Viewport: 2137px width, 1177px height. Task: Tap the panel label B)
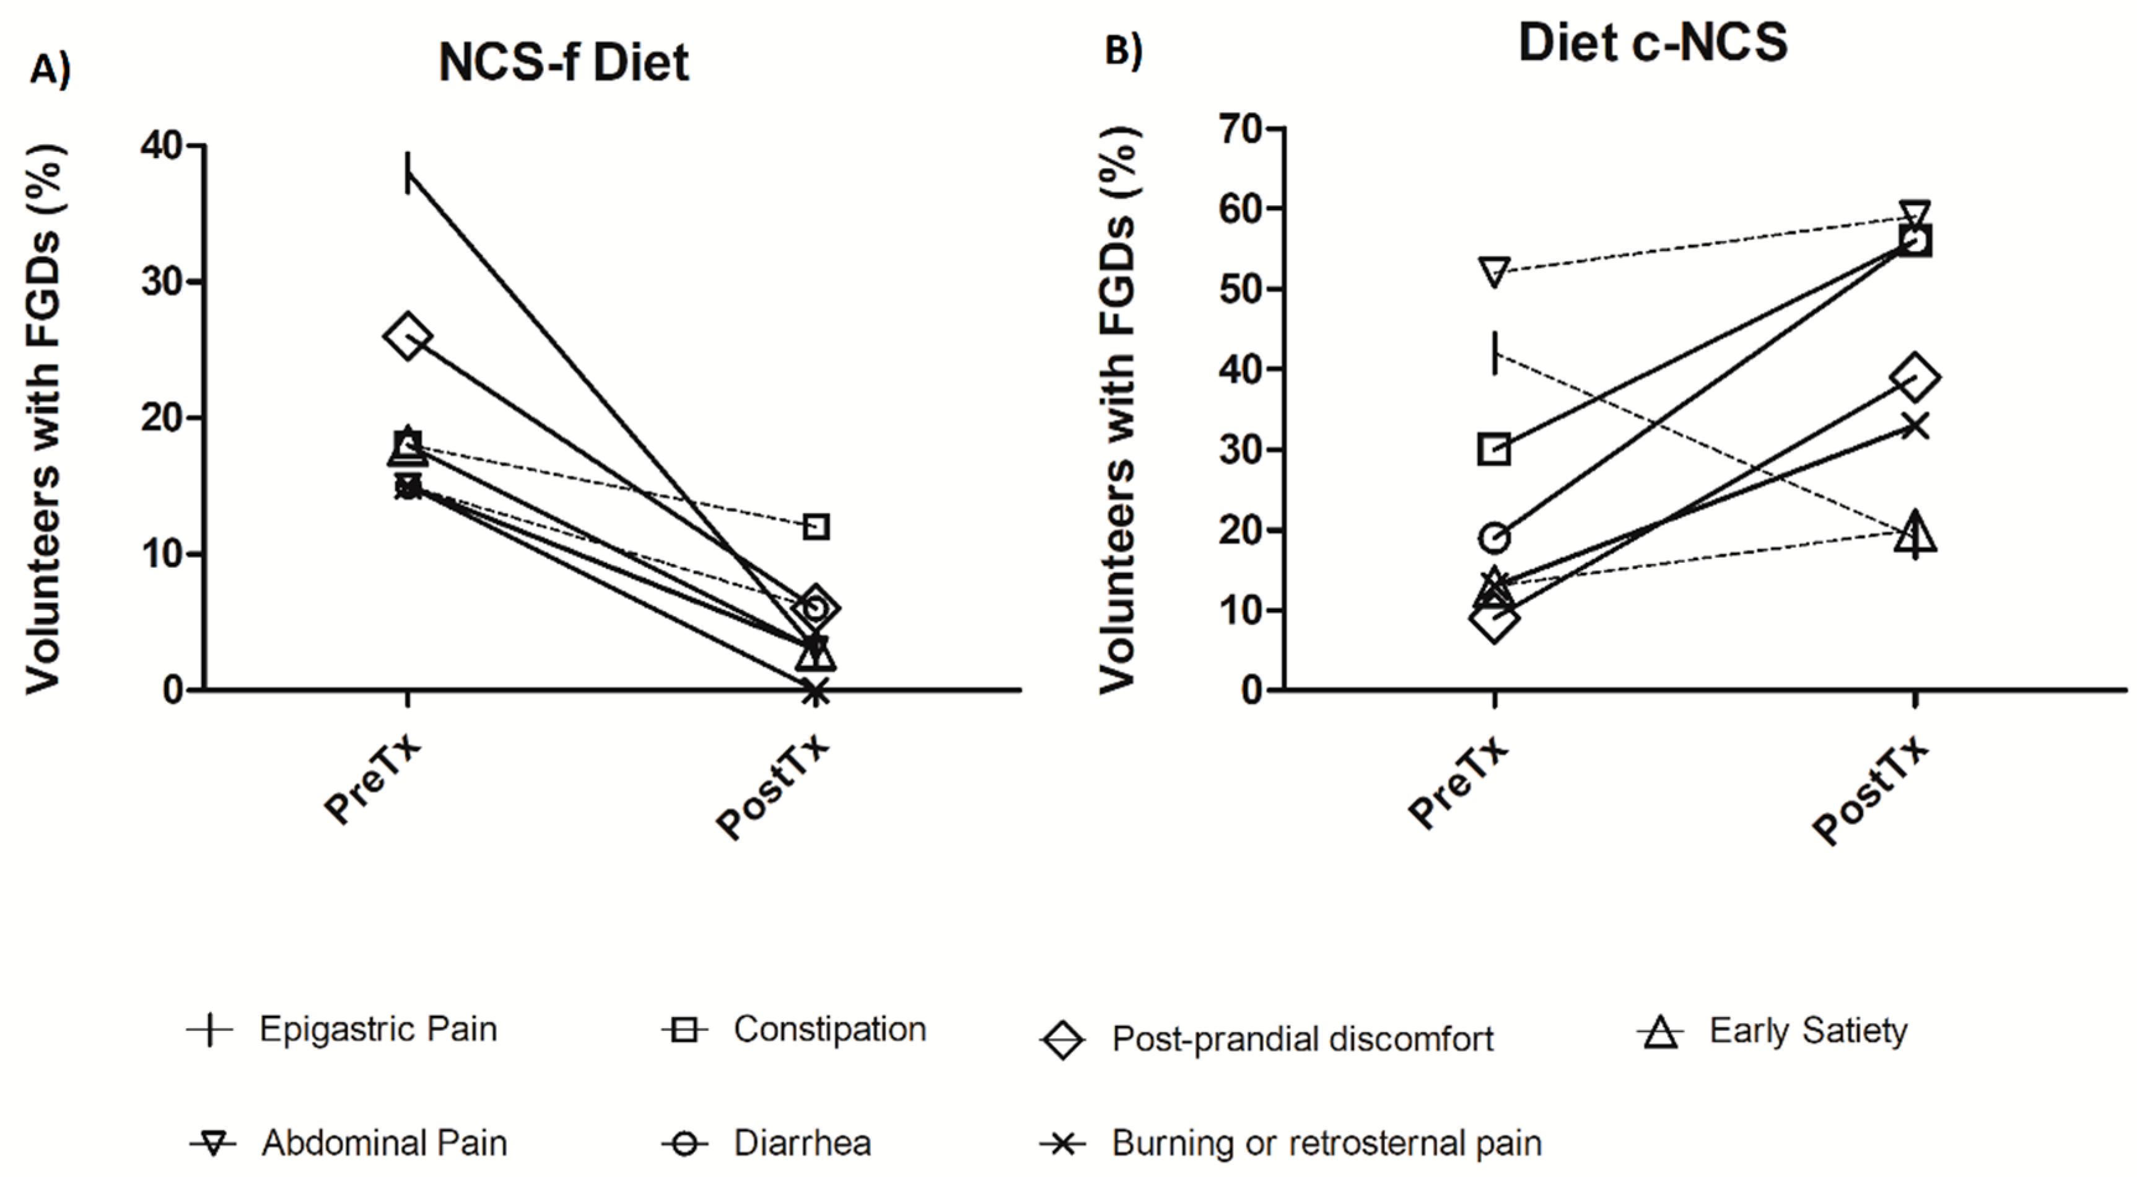pyautogui.click(x=1123, y=51)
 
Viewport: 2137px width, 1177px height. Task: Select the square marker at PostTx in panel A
pyautogui.click(x=816, y=526)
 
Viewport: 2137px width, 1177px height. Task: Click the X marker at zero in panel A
pyautogui.click(x=816, y=690)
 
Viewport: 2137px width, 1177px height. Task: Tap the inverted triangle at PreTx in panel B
pyautogui.click(x=1494, y=271)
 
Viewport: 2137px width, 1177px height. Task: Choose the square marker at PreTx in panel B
pyautogui.click(x=1494, y=450)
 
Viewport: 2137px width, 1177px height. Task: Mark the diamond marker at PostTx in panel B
pyautogui.click(x=1915, y=377)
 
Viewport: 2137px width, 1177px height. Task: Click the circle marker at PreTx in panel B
pyautogui.click(x=1494, y=538)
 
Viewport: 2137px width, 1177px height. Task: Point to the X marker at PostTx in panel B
pyautogui.click(x=1915, y=426)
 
